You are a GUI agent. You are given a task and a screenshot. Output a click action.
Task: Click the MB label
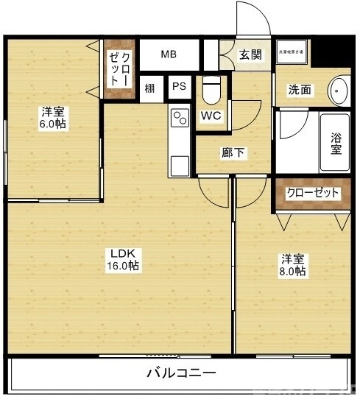pyautogui.click(x=169, y=54)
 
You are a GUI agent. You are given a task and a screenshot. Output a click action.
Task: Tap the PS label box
pyautogui.click(x=179, y=87)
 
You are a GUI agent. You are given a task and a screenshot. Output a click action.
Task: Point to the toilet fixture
pyautogui.click(x=211, y=90)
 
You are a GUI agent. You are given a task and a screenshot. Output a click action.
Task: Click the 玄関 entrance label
pyautogui.click(x=250, y=54)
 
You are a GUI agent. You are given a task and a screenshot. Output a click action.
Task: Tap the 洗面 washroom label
pyautogui.click(x=299, y=91)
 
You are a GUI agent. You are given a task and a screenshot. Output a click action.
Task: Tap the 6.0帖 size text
pyautogui.click(x=52, y=124)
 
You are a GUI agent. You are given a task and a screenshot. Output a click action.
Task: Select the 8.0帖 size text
pyautogui.click(x=292, y=272)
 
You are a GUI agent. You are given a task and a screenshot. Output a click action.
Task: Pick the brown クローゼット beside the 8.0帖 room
pyautogui.click(x=313, y=193)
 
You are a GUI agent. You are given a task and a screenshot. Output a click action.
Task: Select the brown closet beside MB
pyautogui.click(x=119, y=68)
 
